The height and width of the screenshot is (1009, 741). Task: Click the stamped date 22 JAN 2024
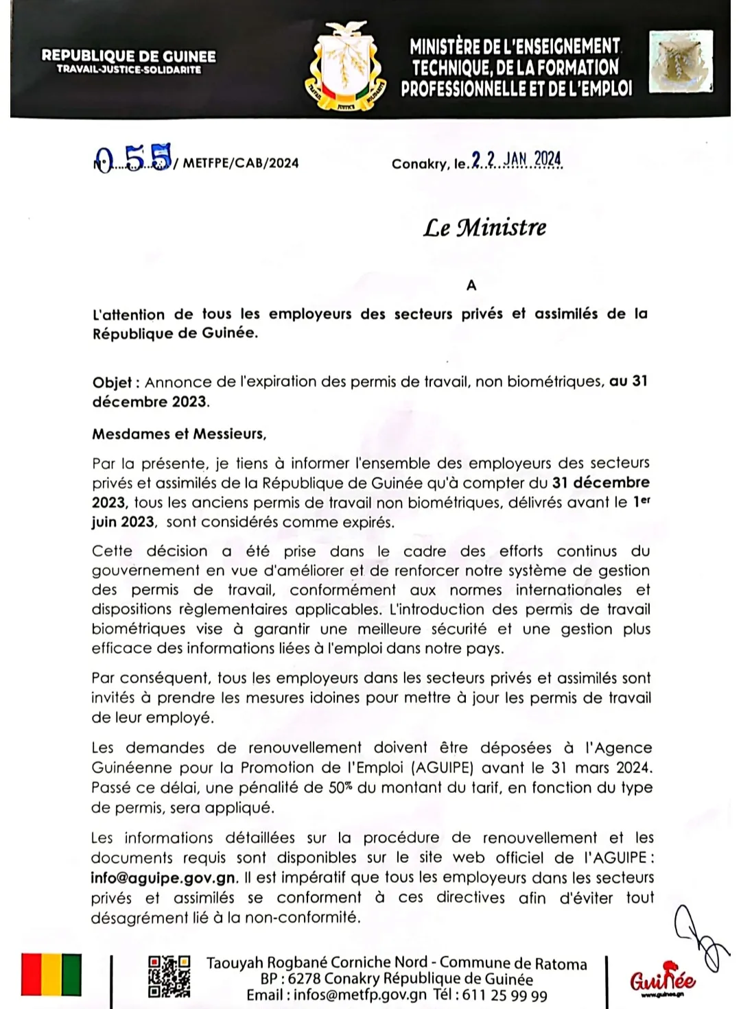pyautogui.click(x=517, y=161)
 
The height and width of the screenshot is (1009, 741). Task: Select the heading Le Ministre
pyautogui.click(x=484, y=228)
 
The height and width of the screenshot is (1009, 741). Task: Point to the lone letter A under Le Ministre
pyautogui.click(x=471, y=285)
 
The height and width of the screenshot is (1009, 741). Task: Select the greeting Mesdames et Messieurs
pyautogui.click(x=179, y=434)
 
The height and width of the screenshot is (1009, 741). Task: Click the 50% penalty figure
pyautogui.click(x=340, y=787)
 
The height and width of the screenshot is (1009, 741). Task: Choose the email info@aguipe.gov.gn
pyautogui.click(x=164, y=877)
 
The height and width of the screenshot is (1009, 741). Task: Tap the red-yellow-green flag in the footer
pyautogui.click(x=51, y=974)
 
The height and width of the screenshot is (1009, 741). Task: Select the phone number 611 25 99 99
pyautogui.click(x=504, y=995)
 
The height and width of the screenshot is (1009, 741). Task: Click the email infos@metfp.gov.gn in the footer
pyautogui.click(x=360, y=995)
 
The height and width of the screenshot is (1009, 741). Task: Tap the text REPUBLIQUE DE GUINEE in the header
pyautogui.click(x=128, y=56)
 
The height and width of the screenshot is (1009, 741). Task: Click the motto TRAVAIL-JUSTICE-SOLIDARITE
pyautogui.click(x=129, y=70)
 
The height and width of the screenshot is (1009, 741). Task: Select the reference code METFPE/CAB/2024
pyautogui.click(x=241, y=163)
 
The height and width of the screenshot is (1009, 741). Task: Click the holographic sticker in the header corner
pyautogui.click(x=681, y=62)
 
